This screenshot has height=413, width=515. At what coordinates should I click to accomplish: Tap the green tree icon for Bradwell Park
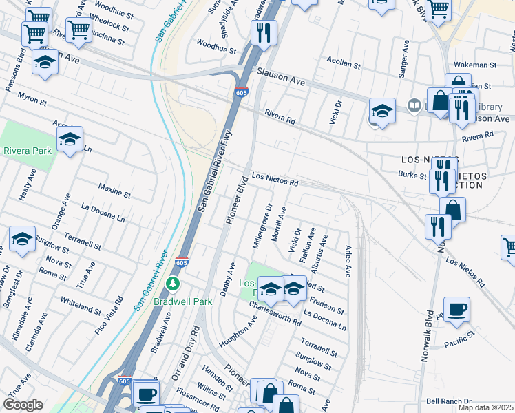[174, 283]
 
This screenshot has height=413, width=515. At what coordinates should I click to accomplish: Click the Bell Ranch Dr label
[448, 401]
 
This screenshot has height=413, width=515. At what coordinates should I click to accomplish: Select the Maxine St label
[114, 189]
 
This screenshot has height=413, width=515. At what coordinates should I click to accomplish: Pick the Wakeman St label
[480, 65]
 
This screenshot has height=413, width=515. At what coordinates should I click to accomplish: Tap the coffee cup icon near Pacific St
[456, 308]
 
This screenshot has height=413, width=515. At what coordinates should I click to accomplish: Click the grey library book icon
[414, 105]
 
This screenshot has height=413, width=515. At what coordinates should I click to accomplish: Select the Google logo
[23, 405]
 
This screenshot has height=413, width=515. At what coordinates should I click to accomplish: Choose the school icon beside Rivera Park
[70, 139]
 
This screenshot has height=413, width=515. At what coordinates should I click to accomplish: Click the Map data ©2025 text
[485, 407]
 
